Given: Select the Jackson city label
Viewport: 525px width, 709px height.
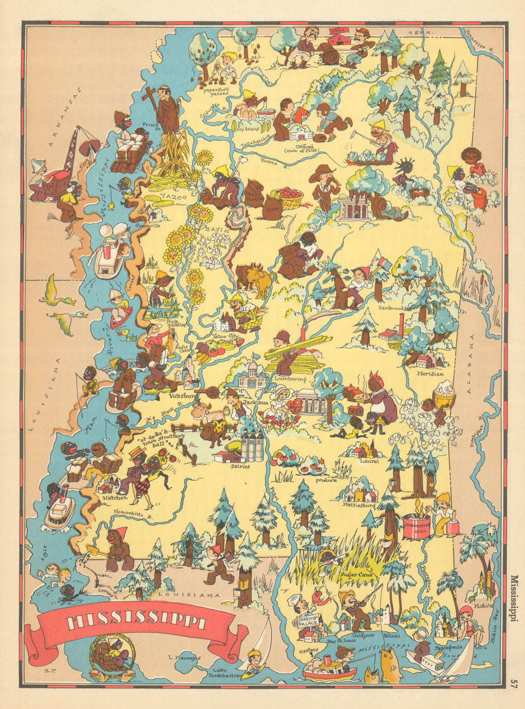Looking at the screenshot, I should (x=257, y=402).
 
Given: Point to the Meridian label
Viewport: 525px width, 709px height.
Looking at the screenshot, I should (x=428, y=373).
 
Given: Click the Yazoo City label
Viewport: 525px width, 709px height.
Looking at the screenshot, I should (x=226, y=335).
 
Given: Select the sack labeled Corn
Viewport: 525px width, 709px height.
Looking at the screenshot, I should (x=272, y=205).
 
